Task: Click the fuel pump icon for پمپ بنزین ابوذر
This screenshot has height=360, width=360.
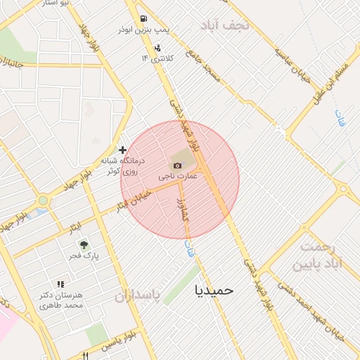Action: pos(143,19)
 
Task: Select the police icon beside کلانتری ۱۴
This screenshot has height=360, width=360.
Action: pos(157,49)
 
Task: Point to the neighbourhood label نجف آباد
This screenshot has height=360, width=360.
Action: pos(225,26)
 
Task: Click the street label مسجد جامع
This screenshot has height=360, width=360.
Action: pos(204,67)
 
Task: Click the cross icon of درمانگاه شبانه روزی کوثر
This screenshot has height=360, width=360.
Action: pos(123,150)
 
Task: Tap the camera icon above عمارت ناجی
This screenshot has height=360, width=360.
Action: pos(177,165)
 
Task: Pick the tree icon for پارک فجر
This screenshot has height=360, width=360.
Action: pos(84,245)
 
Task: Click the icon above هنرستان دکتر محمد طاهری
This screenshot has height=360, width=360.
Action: pos(60,284)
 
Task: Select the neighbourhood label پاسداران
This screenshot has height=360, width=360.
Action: pos(138,295)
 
